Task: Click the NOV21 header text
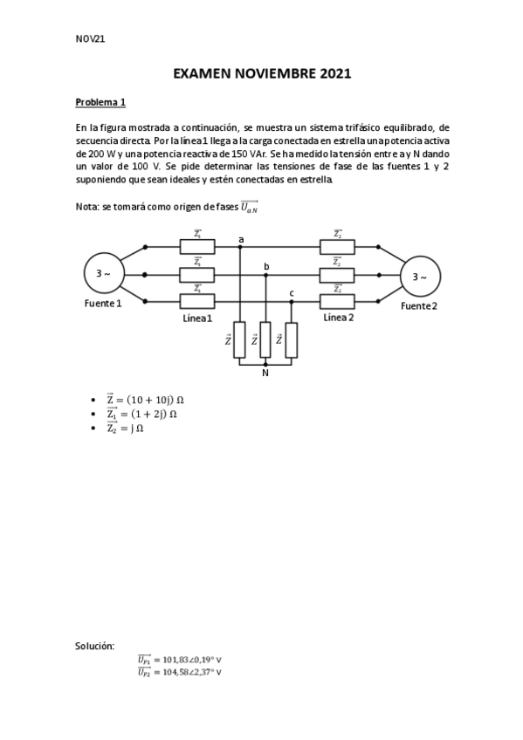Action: click(x=91, y=38)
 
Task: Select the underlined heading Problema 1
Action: click(x=100, y=103)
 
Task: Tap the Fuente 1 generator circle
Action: click(x=103, y=275)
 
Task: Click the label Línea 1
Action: click(x=197, y=319)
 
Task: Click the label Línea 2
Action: click(x=338, y=318)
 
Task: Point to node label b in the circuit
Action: click(x=266, y=266)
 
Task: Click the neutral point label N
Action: click(x=265, y=373)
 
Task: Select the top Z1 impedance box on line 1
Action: click(x=197, y=248)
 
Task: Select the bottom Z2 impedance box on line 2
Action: click(x=338, y=302)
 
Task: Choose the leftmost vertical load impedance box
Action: click(x=240, y=340)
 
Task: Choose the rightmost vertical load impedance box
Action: click(x=291, y=340)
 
